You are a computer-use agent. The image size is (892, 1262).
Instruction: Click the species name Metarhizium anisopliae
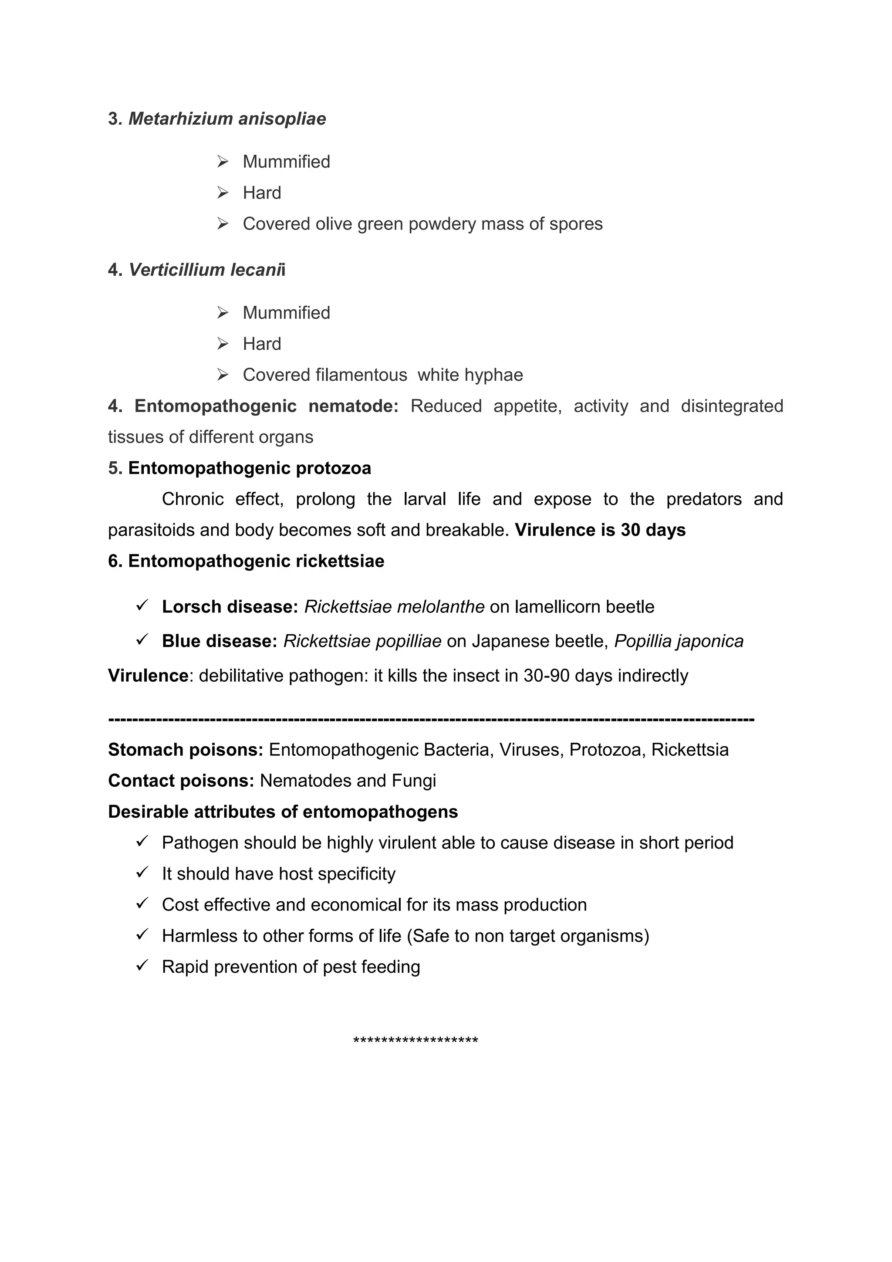point(227,119)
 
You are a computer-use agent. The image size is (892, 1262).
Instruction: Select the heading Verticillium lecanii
point(206,270)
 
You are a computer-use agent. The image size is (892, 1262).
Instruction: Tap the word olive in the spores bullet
point(334,224)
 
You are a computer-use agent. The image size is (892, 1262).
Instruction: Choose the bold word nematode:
point(353,406)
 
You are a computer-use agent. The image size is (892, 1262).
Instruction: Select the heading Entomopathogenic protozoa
point(250,468)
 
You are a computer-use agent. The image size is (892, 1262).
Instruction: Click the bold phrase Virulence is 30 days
point(600,531)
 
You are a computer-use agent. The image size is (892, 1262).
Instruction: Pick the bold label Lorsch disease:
point(230,607)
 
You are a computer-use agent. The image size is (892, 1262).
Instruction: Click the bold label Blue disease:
point(219,641)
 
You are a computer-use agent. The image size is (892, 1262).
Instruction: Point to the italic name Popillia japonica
point(679,641)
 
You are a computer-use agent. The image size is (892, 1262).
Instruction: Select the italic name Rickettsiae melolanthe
point(394,607)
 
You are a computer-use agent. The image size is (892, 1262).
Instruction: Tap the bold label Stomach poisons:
point(185,750)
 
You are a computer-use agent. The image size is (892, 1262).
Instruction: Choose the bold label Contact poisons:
point(181,781)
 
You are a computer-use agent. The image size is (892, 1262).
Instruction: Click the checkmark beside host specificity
point(142,873)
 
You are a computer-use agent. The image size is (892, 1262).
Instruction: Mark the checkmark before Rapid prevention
point(142,966)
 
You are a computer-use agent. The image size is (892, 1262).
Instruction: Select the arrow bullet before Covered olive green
point(223,224)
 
